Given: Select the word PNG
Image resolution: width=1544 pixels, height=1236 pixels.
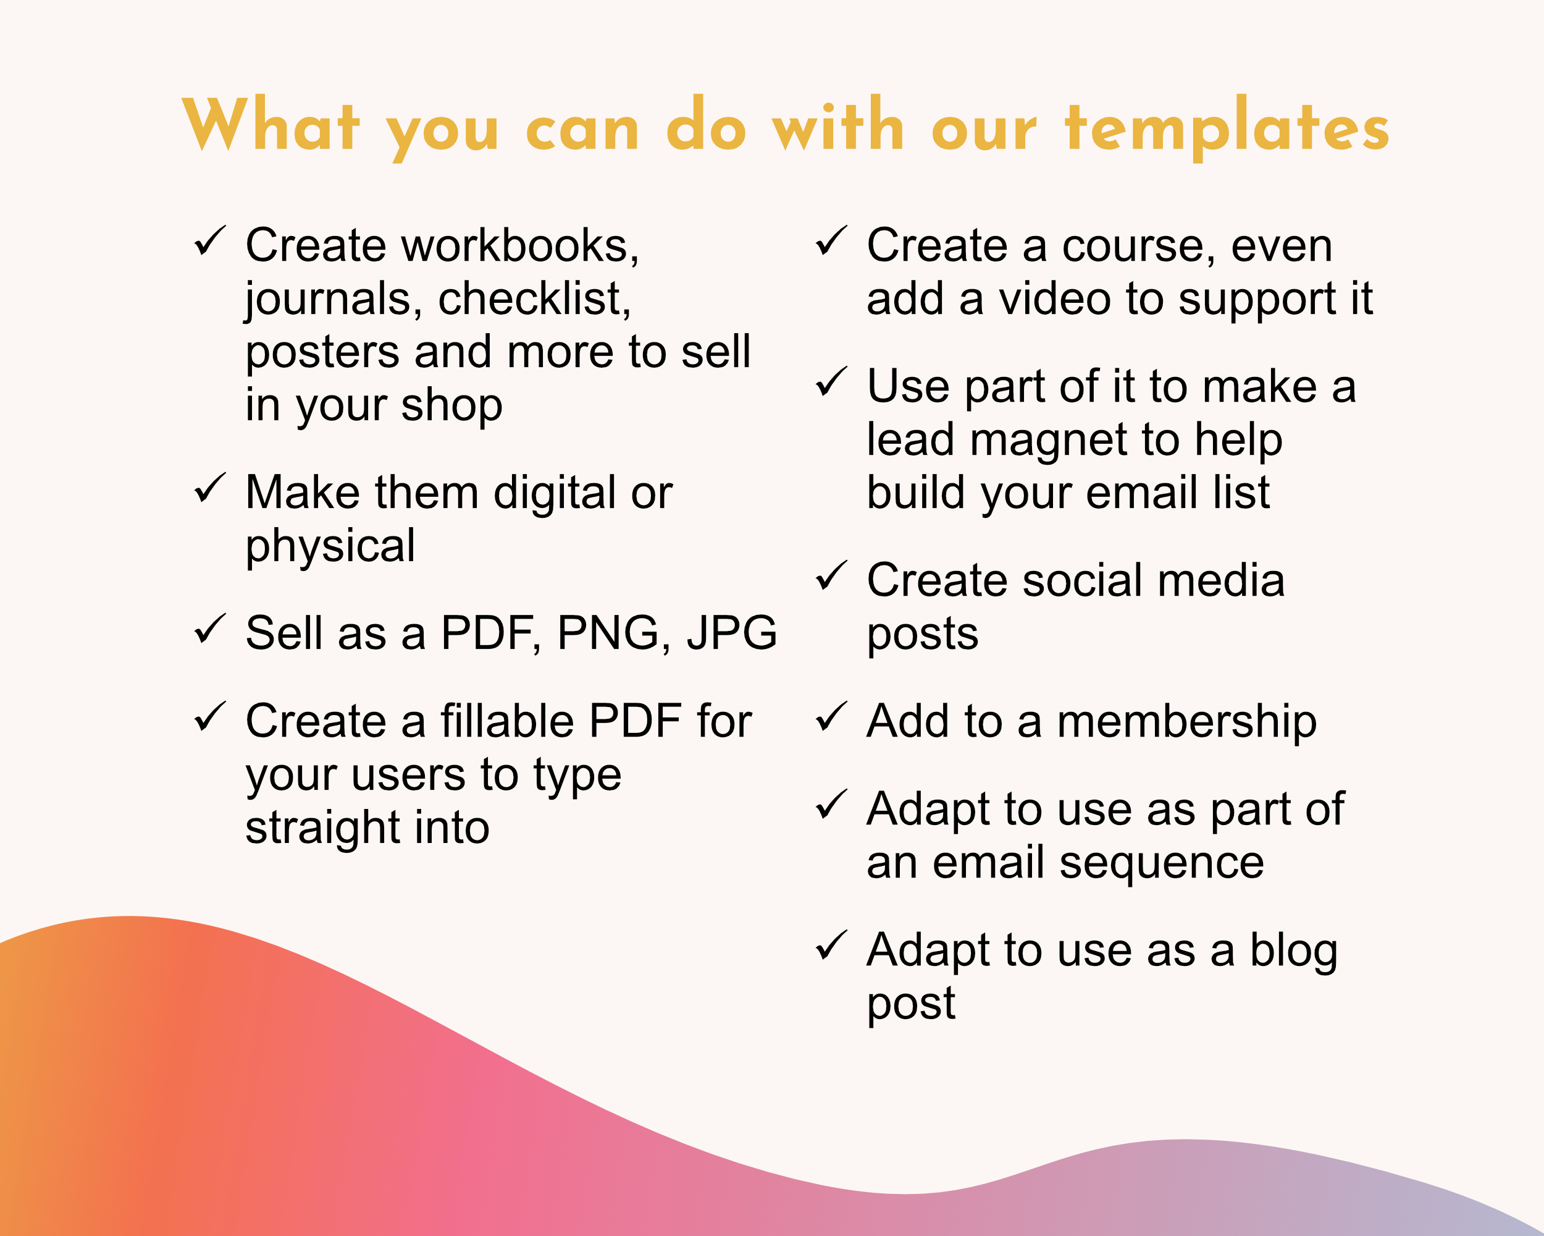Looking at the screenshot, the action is click(x=608, y=633).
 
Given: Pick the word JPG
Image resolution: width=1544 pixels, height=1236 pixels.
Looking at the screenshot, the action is click(x=732, y=633).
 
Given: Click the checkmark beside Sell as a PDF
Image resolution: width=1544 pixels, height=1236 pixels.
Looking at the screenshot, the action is click(x=210, y=629).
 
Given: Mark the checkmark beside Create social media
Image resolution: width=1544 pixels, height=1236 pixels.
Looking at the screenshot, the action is click(x=831, y=576).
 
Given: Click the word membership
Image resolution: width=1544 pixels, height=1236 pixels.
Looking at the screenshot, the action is click(x=1186, y=722).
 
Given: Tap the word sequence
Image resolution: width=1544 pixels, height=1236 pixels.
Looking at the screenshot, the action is click(x=1162, y=864).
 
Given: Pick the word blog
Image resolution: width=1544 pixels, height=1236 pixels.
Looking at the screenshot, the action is click(x=1293, y=952).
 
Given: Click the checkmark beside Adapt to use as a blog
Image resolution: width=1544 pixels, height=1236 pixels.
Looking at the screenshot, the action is click(x=831, y=946).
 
